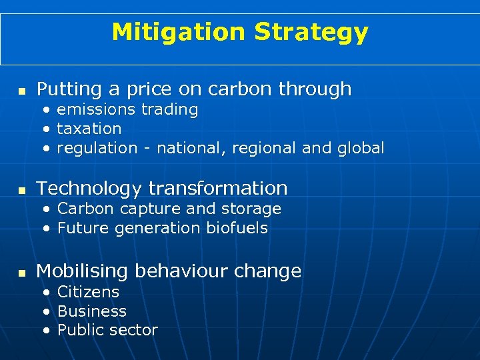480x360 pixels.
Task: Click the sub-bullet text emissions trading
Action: (127, 109)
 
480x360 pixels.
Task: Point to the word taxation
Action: (89, 129)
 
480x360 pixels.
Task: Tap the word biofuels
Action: (237, 228)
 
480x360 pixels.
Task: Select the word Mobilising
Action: (83, 272)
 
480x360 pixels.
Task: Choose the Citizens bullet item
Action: (88, 292)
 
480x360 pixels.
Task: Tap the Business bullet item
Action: (92, 311)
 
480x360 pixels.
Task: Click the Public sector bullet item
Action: (107, 330)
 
